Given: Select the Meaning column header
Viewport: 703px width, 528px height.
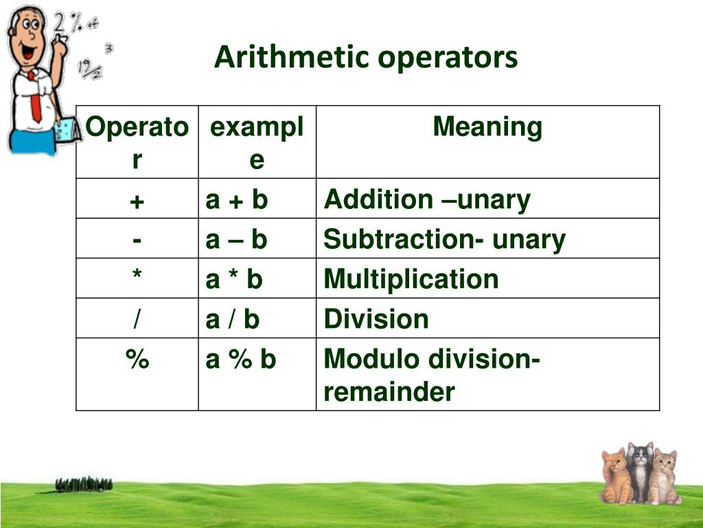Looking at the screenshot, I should [x=487, y=127].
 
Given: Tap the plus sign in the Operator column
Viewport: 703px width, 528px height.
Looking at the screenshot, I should [x=137, y=200].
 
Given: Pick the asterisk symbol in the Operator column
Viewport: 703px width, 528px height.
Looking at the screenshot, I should [x=137, y=276].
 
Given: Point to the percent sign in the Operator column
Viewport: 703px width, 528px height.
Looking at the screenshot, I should [x=137, y=360].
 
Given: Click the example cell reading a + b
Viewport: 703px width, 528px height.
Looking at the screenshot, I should [x=237, y=200].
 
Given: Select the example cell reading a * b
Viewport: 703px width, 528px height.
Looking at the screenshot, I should [x=234, y=280].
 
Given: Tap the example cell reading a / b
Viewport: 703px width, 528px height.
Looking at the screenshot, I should [x=233, y=320].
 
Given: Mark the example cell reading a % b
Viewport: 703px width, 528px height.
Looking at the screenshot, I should [x=241, y=360].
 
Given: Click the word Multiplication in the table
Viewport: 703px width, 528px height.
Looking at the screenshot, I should [x=411, y=280].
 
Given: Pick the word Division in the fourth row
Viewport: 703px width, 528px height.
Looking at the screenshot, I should [x=376, y=320].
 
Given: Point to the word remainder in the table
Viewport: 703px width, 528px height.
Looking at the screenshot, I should [x=389, y=393].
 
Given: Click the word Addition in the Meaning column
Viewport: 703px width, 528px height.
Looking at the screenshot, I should [x=378, y=200].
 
